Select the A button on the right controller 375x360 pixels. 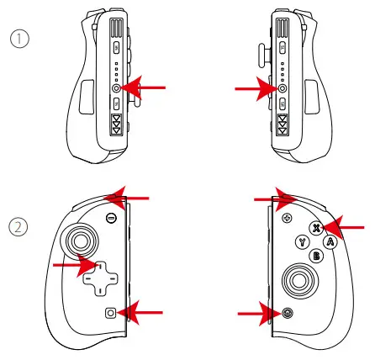click(x=330, y=242)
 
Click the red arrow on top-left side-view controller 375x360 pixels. click(x=147, y=87)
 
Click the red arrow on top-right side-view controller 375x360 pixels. click(x=252, y=87)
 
